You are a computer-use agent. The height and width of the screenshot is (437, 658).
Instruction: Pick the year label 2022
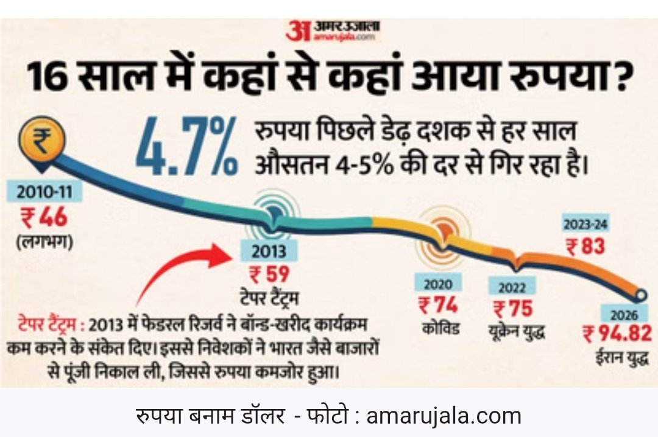[x=512, y=286]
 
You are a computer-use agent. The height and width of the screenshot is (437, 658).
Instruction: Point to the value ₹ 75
[x=512, y=309]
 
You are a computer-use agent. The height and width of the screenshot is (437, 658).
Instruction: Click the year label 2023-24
[x=585, y=224]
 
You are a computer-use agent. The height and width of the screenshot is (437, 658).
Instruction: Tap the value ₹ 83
[x=585, y=246]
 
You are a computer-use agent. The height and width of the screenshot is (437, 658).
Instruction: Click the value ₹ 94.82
[x=617, y=334]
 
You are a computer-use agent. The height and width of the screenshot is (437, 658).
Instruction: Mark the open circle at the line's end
[x=641, y=296]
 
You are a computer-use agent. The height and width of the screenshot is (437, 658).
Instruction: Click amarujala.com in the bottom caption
[x=444, y=416]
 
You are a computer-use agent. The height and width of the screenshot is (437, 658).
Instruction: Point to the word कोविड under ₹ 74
[x=440, y=329]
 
